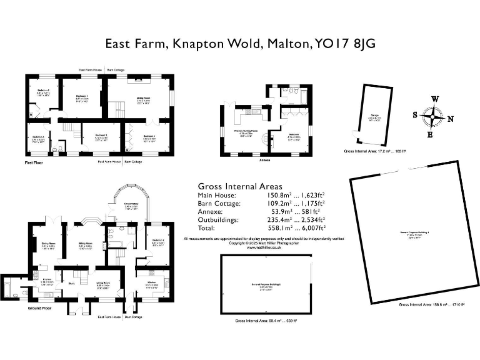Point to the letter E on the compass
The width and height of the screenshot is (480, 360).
429,134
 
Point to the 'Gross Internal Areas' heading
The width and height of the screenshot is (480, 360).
239,186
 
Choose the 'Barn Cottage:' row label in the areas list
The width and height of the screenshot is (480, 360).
219,204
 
